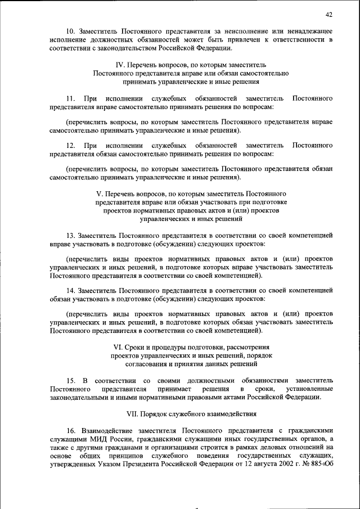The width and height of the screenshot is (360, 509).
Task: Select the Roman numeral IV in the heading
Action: pos(119,65)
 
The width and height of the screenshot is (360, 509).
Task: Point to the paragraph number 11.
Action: pos(70,98)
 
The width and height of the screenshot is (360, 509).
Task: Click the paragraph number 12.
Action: pos(70,146)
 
